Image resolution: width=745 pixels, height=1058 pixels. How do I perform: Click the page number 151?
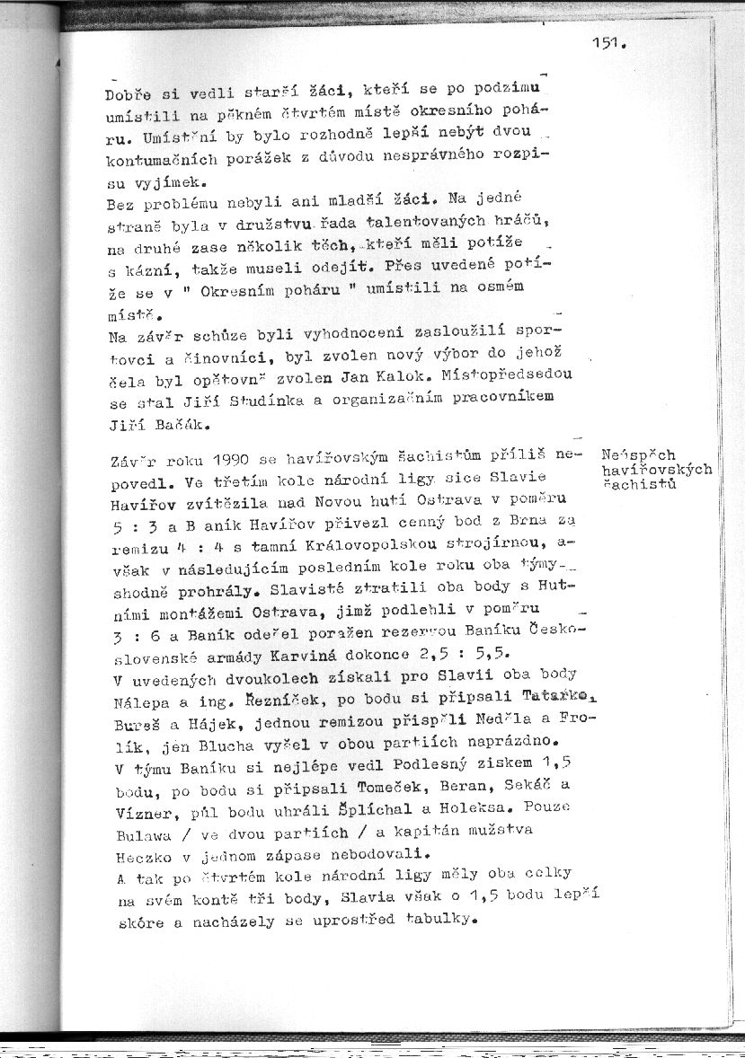point(608,42)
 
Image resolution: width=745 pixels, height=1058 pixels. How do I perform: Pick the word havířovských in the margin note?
point(657,469)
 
